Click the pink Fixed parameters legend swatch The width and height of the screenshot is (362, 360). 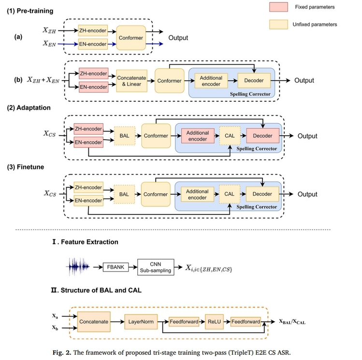click(278, 7)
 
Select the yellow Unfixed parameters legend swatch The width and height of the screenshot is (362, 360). click(278, 24)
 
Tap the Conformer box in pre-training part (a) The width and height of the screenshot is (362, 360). click(131, 37)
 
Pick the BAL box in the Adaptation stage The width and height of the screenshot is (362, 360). click(124, 136)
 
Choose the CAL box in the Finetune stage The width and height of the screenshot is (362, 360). click(230, 194)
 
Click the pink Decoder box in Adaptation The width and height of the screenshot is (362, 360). click(262, 136)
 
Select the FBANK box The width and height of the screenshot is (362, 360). click(116, 266)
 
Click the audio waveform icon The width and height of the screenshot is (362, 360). click(80, 266)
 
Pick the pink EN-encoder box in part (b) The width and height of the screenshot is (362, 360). click(93, 87)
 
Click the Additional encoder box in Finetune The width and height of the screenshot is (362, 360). click(197, 194)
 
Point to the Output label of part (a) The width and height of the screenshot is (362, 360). click(178, 38)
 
